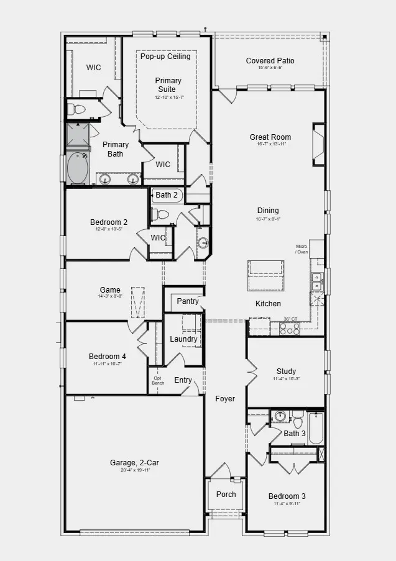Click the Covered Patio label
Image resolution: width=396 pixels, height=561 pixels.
(x=270, y=61)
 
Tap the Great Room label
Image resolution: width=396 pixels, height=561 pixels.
(x=270, y=137)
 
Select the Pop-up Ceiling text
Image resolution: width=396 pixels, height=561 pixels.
(x=165, y=57)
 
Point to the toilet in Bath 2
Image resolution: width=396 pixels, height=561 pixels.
(x=162, y=214)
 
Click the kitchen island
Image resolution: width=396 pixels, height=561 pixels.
(x=266, y=275)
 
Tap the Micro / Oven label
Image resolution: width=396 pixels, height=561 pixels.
(x=302, y=249)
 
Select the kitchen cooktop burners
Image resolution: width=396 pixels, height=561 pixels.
(x=290, y=329)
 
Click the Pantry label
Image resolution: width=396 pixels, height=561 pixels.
(x=187, y=301)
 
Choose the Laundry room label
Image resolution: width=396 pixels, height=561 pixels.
(x=183, y=339)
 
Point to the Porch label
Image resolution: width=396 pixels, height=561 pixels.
(x=226, y=495)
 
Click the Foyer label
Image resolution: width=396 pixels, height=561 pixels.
(x=225, y=399)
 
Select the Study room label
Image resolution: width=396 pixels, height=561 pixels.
(x=286, y=372)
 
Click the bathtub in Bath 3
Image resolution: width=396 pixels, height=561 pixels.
(x=316, y=428)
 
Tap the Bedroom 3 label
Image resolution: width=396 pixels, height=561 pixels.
(x=287, y=496)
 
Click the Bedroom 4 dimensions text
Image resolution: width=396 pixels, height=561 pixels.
(x=107, y=364)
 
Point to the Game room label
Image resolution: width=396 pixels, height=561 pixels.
(x=110, y=290)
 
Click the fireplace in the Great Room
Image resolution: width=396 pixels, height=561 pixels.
(x=318, y=145)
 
